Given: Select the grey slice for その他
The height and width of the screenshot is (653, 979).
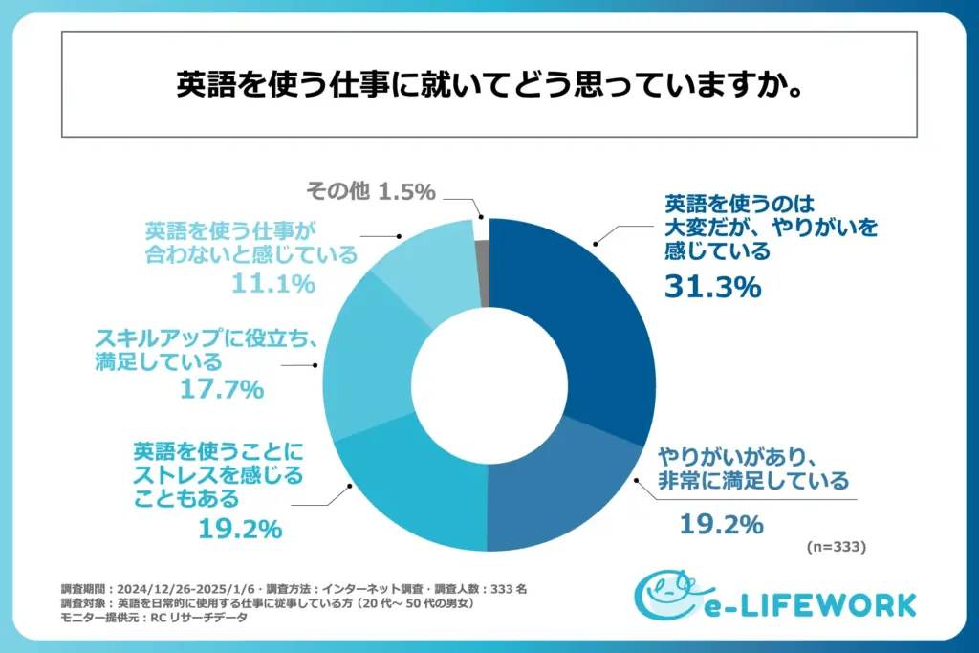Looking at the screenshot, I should (483, 272).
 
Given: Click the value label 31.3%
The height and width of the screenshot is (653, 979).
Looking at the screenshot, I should (712, 286).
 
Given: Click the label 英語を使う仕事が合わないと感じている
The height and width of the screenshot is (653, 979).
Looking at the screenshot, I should (250, 243).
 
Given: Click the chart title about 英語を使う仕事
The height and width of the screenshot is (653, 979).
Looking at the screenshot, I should (489, 85).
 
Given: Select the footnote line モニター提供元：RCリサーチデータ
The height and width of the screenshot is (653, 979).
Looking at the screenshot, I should (153, 618).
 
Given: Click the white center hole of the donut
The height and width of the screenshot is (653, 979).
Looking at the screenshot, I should (489, 384).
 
